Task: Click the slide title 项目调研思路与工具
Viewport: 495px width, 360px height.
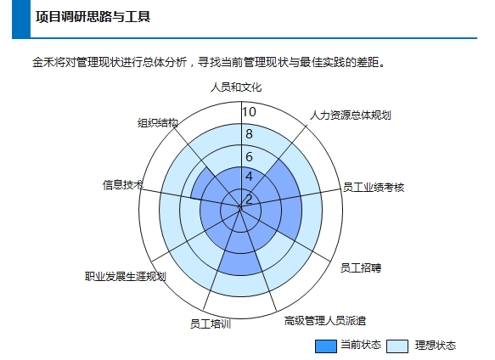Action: click(x=93, y=17)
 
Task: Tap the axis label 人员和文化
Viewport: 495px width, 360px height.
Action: click(x=236, y=87)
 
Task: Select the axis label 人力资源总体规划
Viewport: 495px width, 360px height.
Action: click(x=351, y=115)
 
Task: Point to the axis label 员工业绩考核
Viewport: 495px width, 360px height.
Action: click(x=374, y=188)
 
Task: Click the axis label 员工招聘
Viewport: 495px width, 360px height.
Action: click(x=361, y=267)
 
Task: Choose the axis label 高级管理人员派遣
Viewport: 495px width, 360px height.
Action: click(x=325, y=321)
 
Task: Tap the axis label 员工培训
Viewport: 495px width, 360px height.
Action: click(x=211, y=324)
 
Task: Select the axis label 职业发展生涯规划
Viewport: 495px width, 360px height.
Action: click(x=126, y=277)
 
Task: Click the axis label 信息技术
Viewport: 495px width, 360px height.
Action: click(x=123, y=185)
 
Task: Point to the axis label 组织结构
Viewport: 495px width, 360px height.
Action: click(x=158, y=123)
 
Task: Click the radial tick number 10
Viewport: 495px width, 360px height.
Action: click(x=249, y=112)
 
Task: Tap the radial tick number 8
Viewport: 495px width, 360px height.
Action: click(x=249, y=134)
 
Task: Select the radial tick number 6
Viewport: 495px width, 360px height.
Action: click(x=249, y=156)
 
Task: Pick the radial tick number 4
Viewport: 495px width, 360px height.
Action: click(x=249, y=177)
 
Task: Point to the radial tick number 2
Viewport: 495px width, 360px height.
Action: click(x=249, y=200)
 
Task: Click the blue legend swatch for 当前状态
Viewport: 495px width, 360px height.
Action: click(x=326, y=346)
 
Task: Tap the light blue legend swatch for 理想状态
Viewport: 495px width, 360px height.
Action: click(x=397, y=346)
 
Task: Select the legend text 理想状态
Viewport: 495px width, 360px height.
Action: click(x=436, y=346)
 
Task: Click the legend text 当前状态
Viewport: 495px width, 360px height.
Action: click(x=361, y=345)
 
